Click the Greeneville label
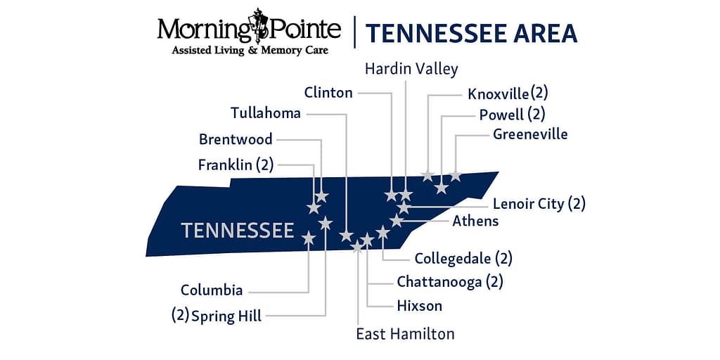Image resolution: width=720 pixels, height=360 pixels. pyautogui.click(x=529, y=134)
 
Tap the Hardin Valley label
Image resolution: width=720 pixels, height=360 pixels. pyautogui.click(x=411, y=69)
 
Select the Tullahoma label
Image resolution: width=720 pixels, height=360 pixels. pyautogui.click(x=266, y=112)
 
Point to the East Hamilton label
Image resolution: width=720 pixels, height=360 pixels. pyautogui.click(x=405, y=333)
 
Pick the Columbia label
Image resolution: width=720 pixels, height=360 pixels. pyautogui.click(x=212, y=290)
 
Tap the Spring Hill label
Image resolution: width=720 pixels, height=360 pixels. pyautogui.click(x=226, y=315)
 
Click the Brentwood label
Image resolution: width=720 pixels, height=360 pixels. pyautogui.click(x=236, y=139)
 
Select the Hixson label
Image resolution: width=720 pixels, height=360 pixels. pyautogui.click(x=420, y=306)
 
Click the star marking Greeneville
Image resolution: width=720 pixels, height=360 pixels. pyautogui.click(x=456, y=175)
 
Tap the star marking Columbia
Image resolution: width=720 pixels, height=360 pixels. pyautogui.click(x=309, y=238)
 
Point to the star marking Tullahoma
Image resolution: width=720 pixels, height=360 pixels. pyautogui.click(x=346, y=236)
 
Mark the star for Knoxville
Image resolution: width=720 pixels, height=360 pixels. pyautogui.click(x=427, y=175)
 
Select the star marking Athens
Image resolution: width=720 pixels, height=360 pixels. pyautogui.click(x=397, y=221)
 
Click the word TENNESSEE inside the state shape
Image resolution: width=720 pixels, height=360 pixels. pyautogui.click(x=237, y=231)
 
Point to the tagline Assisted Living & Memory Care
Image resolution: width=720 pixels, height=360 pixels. pyautogui.click(x=250, y=51)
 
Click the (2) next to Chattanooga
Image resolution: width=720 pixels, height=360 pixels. pyautogui.click(x=495, y=282)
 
